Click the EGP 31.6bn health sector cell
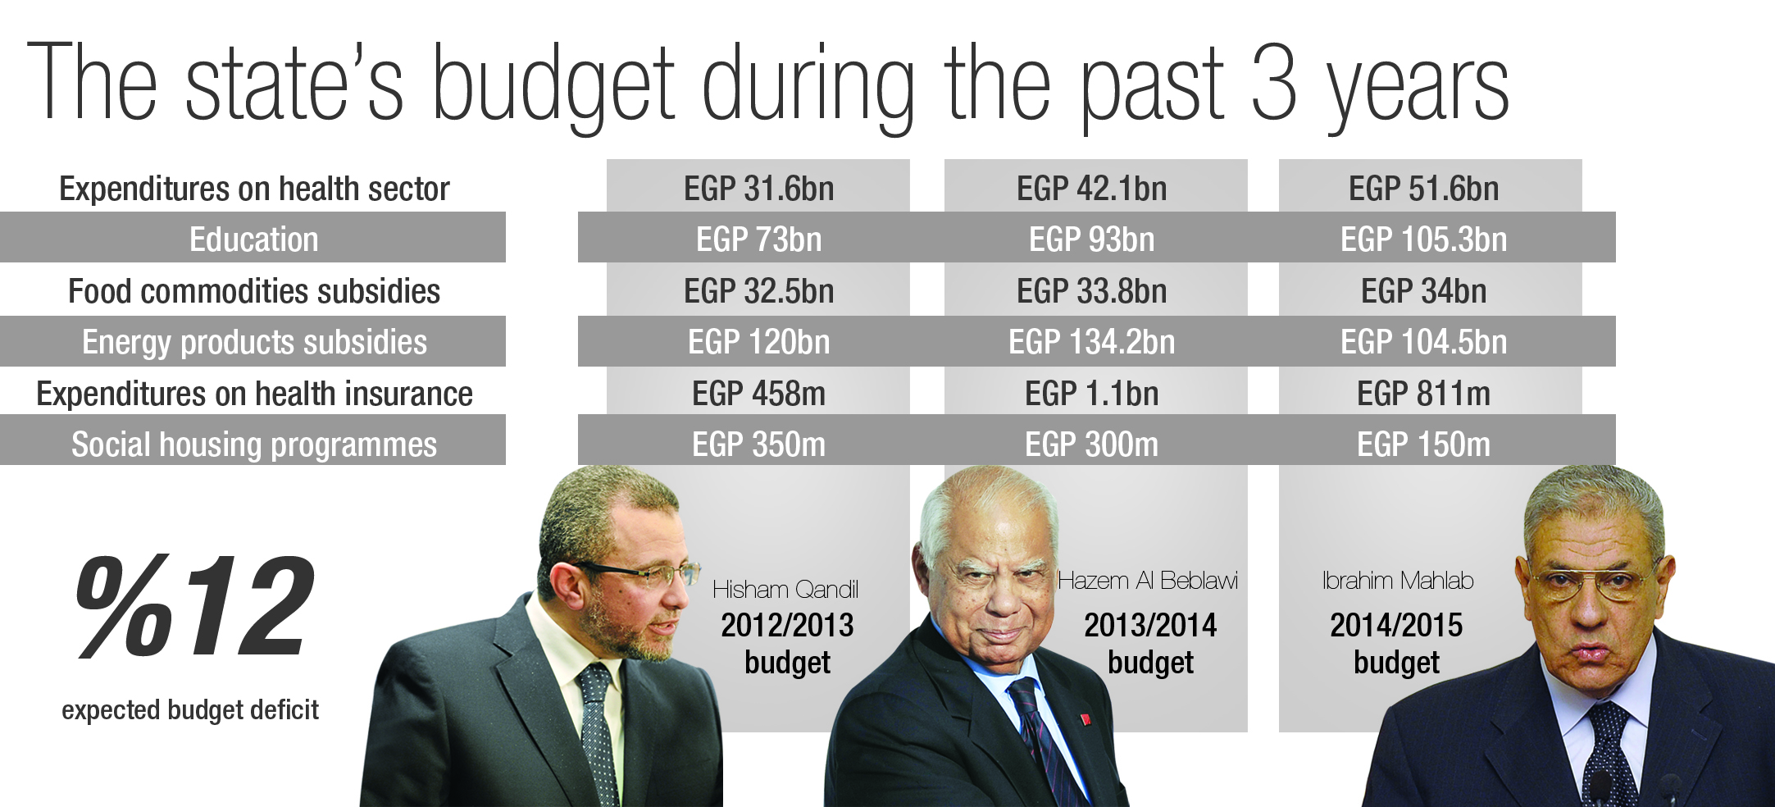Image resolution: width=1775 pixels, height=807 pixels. [x=758, y=189]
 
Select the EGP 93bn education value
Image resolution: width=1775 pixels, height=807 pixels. [x=1091, y=240]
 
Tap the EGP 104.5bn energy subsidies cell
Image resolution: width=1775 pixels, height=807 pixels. [x=1423, y=342]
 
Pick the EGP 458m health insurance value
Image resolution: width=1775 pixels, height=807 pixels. [x=758, y=394]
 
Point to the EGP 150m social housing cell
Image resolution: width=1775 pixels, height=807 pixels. [x=1423, y=445]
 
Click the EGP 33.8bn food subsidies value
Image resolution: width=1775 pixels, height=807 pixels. [x=1091, y=291]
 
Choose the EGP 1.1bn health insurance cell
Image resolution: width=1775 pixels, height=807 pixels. [x=1091, y=394]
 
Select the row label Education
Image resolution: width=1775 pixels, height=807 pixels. [x=253, y=239]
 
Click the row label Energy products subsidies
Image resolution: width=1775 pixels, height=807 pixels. [x=254, y=342]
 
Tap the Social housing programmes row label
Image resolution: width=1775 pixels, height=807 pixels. [x=254, y=445]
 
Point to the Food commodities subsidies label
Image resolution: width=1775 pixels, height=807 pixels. [x=254, y=291]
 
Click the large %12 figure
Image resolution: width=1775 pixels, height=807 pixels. [x=195, y=608]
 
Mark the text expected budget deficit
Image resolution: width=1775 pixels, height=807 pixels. [x=190, y=709]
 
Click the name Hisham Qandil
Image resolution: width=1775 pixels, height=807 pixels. [x=785, y=589]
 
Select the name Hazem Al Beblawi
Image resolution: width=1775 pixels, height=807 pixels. [x=1148, y=581]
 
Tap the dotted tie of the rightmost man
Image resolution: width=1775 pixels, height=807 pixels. [x=1609, y=755]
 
